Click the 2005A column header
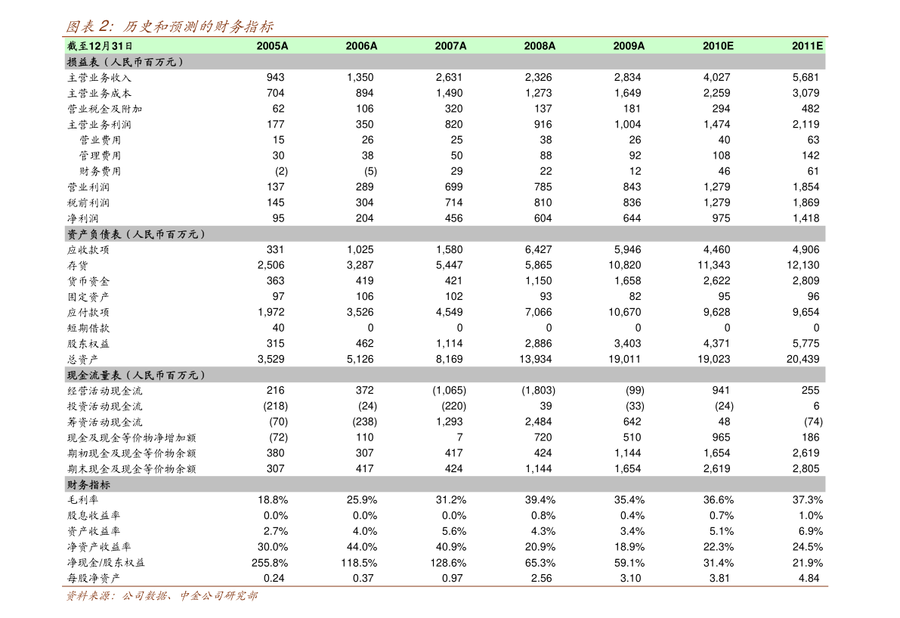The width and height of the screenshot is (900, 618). [272, 46]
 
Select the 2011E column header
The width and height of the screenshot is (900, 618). [807, 46]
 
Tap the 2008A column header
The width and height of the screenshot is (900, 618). [540, 46]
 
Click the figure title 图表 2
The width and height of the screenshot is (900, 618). [169, 26]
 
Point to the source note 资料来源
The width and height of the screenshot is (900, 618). [162, 595]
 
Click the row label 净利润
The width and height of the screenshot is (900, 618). [82, 218]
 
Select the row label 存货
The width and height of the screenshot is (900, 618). [78, 266]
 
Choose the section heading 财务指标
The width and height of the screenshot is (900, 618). [88, 485]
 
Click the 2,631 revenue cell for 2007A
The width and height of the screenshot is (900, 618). [449, 78]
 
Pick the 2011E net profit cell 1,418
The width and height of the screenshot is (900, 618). [806, 218]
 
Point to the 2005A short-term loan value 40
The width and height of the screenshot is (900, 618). [278, 328]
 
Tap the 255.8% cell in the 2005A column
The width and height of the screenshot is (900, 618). [270, 563]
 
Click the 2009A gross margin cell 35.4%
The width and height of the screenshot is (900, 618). [629, 500]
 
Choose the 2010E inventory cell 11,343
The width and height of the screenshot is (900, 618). [714, 265]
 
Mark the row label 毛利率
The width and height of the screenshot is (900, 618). [82, 500]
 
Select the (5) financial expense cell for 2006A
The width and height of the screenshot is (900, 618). [371, 171]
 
